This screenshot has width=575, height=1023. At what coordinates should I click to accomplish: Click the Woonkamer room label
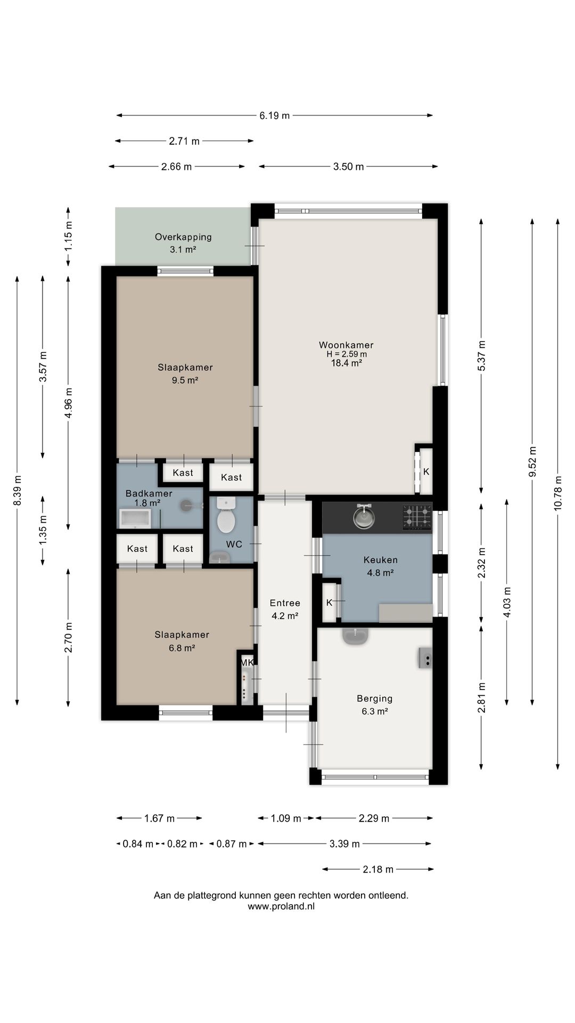point(346,345)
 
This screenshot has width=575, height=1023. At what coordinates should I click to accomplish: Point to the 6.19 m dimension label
point(275,115)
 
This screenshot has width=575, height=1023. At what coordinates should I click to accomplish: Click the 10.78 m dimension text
point(557,493)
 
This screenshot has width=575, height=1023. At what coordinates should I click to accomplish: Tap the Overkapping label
point(183,237)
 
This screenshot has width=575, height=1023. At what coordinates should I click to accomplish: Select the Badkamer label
point(149,493)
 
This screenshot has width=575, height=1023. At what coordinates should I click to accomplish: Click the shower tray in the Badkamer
point(135,518)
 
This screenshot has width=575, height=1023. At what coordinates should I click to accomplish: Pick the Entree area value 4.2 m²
point(285,616)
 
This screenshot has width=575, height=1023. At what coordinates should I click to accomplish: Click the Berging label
point(375,699)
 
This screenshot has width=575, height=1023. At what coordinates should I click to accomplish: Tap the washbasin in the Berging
point(356,636)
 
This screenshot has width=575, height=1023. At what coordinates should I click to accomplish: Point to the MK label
point(247,662)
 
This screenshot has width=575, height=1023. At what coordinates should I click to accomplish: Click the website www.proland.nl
point(281,906)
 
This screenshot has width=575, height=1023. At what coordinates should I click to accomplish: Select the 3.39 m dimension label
point(344,843)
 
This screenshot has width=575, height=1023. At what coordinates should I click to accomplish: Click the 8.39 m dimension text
point(18,491)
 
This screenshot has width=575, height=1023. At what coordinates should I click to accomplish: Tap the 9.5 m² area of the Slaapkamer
point(185,380)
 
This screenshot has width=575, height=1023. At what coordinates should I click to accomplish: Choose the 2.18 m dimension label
point(378,869)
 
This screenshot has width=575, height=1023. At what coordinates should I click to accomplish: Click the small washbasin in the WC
point(219,557)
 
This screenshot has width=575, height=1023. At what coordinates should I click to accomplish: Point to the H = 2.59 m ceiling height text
point(347,354)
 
